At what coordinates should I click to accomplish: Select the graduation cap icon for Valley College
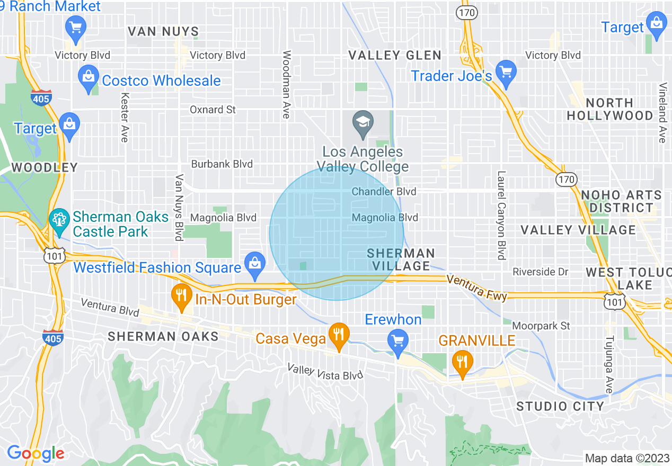(363, 123)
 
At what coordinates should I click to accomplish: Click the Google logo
(36, 453)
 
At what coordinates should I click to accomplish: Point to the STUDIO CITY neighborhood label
(560, 406)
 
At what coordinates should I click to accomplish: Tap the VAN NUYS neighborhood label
(163, 31)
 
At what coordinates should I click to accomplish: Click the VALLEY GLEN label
(395, 55)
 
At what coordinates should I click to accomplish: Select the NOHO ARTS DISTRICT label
(621, 201)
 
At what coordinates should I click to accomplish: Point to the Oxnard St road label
(213, 110)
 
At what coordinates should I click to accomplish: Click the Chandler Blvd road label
(384, 191)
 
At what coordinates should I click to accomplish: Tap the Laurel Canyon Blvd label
(501, 215)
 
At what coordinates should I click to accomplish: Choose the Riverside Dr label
(540, 272)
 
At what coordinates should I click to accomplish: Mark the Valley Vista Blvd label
(325, 371)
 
